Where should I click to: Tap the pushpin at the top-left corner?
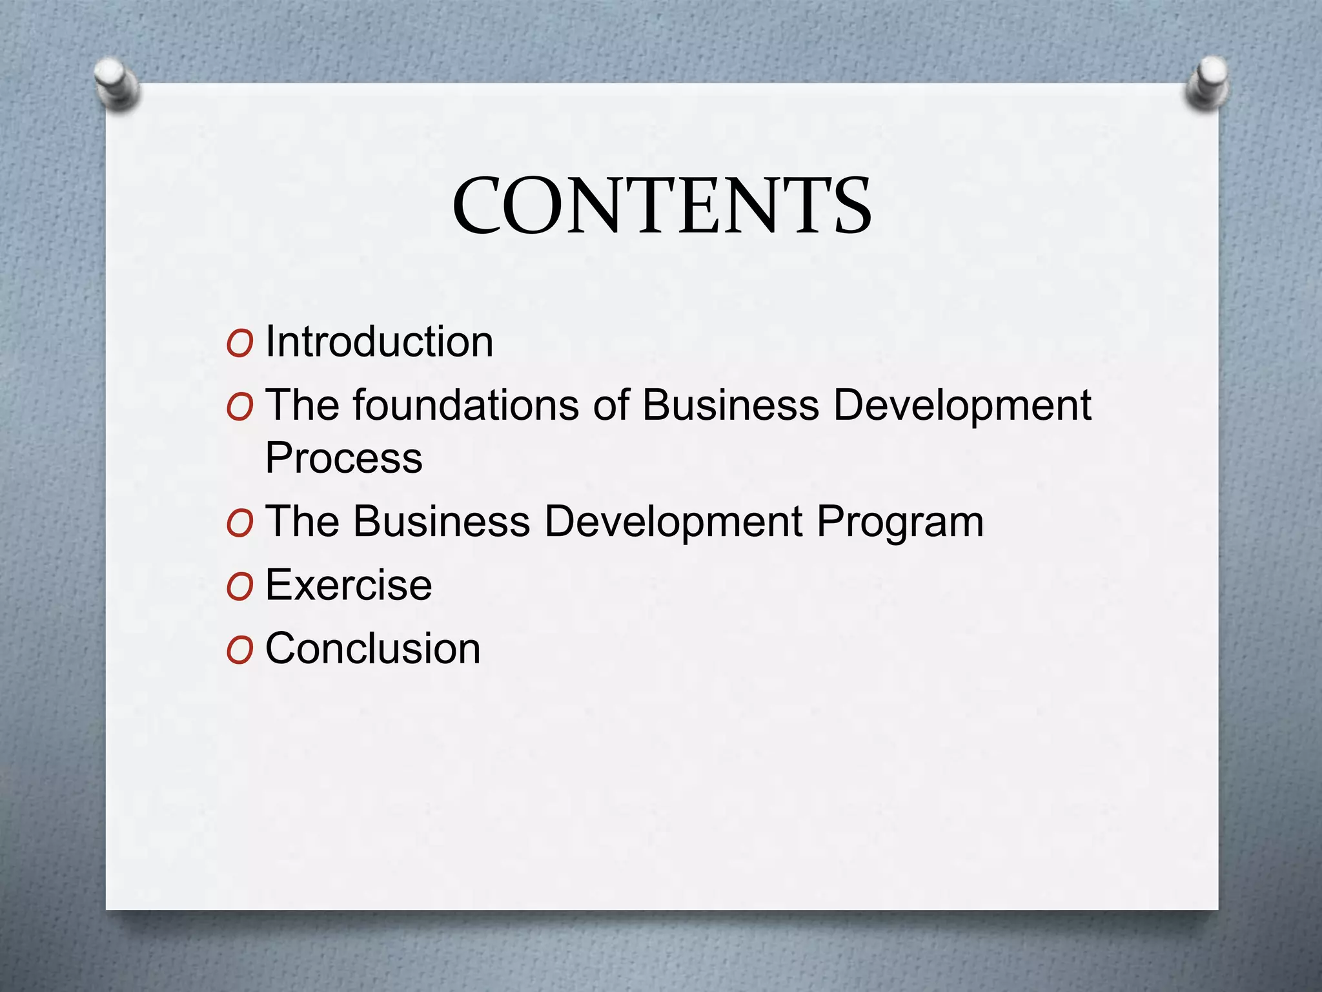coord(117,83)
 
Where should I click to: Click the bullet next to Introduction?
coord(239,344)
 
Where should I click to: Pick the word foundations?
coord(465,405)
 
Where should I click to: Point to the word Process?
coord(344,458)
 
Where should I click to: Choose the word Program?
coord(900,522)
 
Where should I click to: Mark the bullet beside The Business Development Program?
coord(239,524)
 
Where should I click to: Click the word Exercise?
coord(349,584)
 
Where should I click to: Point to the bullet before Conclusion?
coord(239,651)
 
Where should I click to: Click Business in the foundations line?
coord(730,405)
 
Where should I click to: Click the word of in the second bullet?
coord(611,405)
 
